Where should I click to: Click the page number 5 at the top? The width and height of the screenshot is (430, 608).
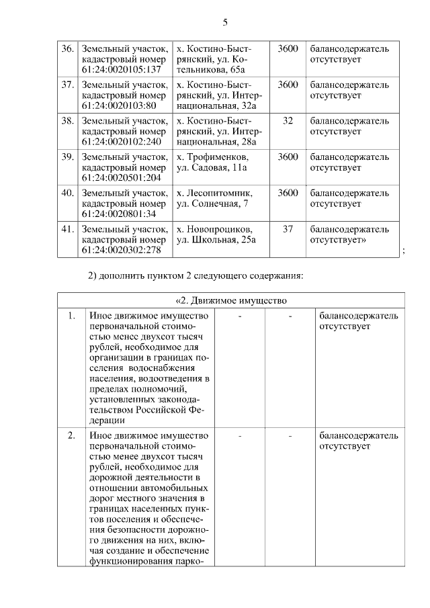coord(225,23)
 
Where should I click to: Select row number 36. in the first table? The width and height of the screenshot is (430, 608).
coord(68,49)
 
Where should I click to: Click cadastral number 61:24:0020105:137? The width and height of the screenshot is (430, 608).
coord(121,70)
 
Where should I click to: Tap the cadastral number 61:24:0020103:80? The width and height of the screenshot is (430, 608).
coord(118,106)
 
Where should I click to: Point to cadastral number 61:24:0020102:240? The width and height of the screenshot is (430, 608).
coord(121,142)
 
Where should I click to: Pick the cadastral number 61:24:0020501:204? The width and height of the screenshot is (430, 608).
coord(121,179)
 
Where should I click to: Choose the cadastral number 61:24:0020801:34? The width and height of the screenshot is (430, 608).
coord(118,214)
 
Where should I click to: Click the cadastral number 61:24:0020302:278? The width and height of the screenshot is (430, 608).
coord(121,251)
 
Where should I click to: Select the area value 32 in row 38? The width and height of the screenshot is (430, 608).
coord(288,121)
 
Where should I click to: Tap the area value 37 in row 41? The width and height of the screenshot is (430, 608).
coord(288,229)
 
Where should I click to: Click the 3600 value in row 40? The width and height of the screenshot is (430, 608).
coord(288,193)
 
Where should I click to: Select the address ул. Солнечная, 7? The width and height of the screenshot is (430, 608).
coord(212,204)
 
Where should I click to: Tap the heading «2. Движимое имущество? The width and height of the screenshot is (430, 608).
coord(231,300)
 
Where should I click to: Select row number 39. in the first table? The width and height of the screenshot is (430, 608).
coord(68,157)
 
